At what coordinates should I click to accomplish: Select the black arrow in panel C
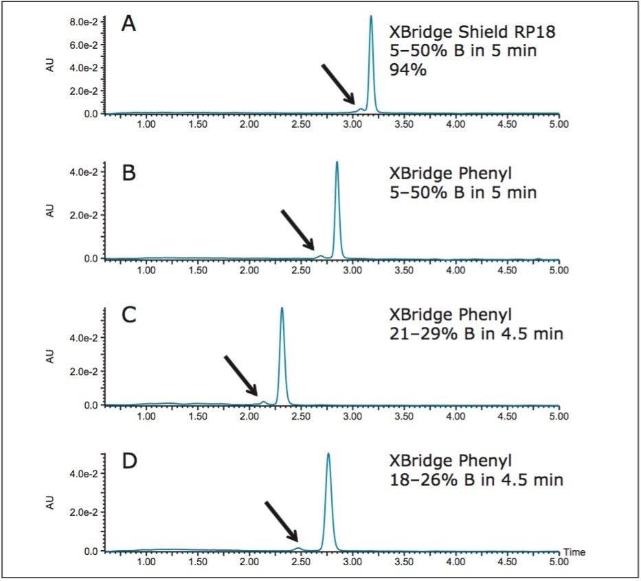tap(240, 376)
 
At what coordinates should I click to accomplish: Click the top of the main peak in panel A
tap(371, 16)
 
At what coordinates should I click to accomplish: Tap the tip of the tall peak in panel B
tap(337, 163)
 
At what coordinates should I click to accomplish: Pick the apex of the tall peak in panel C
tap(282, 308)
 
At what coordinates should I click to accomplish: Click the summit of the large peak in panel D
tap(328, 454)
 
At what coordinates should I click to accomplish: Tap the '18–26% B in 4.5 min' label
tap(476, 479)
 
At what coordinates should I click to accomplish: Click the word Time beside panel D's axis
tap(574, 551)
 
